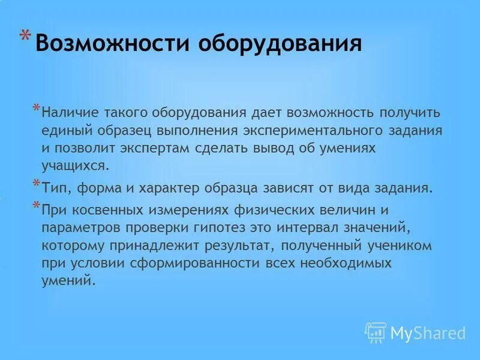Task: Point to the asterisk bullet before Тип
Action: [x=36, y=184]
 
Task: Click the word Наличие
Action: [x=71, y=112]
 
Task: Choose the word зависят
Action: [x=286, y=188]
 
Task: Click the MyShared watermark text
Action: [x=427, y=332]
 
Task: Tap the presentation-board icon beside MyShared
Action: [x=376, y=331]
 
